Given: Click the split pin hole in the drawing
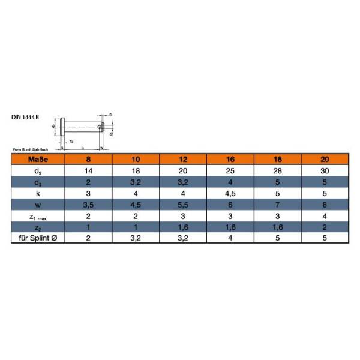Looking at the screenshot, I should click(100, 126).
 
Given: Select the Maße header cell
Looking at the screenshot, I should click(38, 160).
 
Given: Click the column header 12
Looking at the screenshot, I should click(184, 160).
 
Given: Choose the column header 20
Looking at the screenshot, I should click(325, 160).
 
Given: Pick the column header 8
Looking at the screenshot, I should click(89, 160).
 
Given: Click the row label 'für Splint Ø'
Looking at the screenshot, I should click(38, 238).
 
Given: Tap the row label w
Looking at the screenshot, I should click(38, 205).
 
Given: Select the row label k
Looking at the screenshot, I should click(38, 194).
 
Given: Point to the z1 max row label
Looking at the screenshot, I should click(38, 216).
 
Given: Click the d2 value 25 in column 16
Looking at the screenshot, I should click(230, 171).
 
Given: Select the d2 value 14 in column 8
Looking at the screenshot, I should click(89, 171).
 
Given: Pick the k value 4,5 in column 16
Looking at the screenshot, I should click(230, 194).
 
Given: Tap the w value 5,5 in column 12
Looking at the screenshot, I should click(184, 205).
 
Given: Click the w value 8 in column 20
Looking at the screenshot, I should click(325, 205).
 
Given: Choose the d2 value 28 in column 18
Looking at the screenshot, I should click(278, 171).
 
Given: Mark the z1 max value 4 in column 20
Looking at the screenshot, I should click(325, 216).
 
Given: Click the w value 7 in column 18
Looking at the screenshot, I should click(278, 205).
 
